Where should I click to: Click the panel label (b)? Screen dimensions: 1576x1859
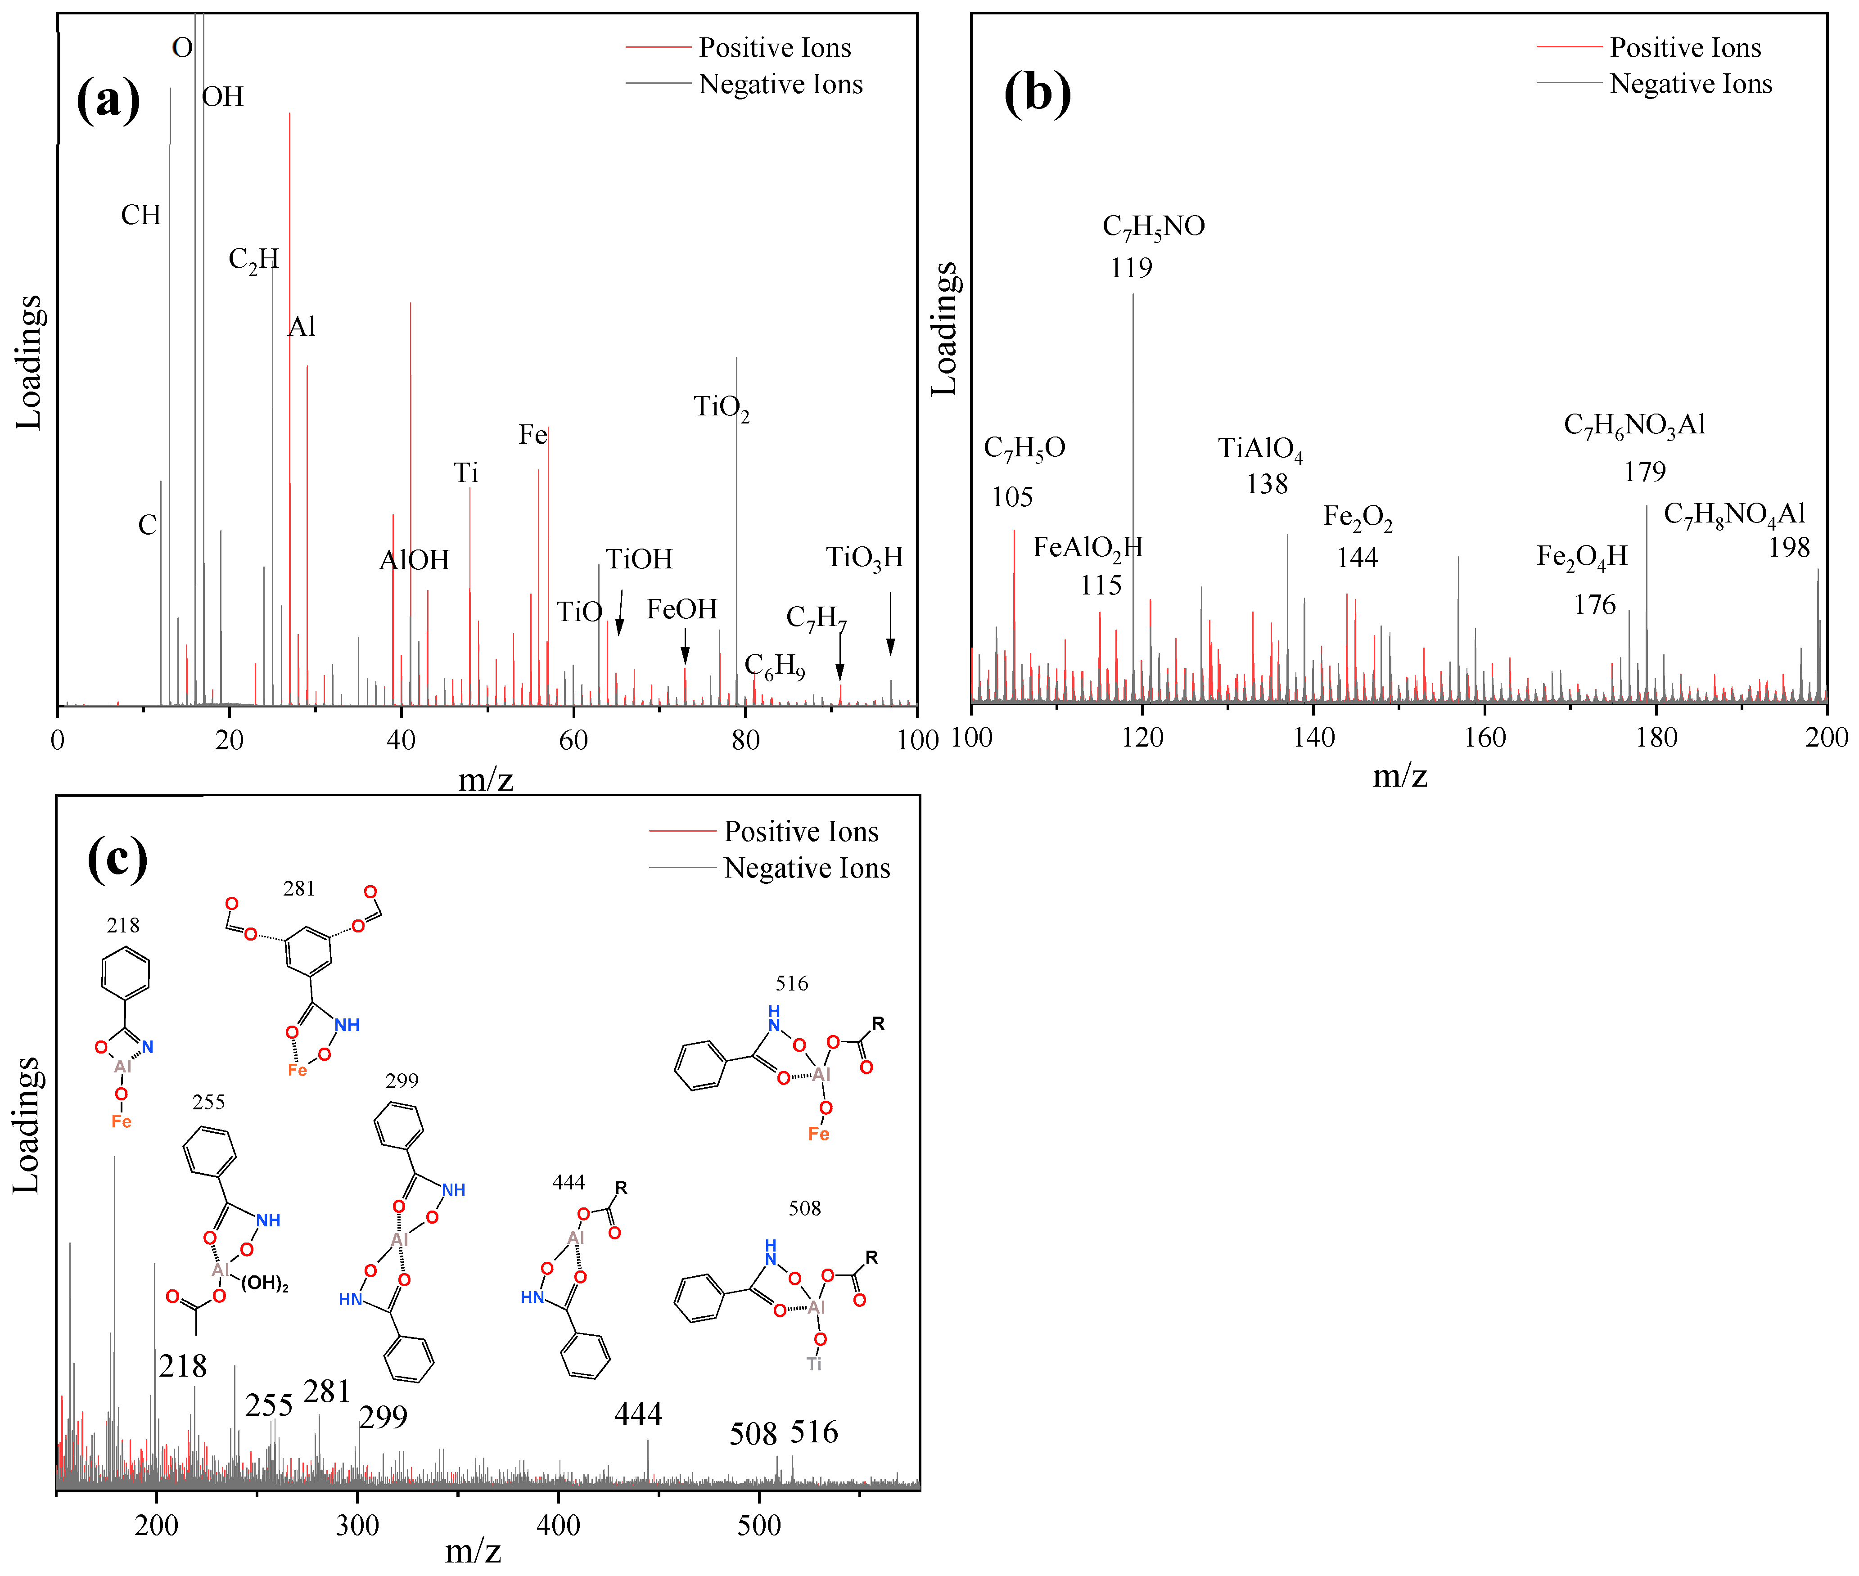pyautogui.click(x=1037, y=93)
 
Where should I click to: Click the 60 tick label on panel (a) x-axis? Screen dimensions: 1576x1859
pyautogui.click(x=573, y=740)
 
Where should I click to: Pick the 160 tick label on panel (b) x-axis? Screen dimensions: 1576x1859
pyautogui.click(x=1484, y=738)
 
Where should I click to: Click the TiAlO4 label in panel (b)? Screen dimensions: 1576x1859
pyautogui.click(x=1260, y=449)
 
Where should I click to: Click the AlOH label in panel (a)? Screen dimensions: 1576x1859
pyautogui.click(x=414, y=560)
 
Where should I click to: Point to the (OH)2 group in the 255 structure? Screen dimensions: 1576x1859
pyautogui.click(x=265, y=1284)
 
